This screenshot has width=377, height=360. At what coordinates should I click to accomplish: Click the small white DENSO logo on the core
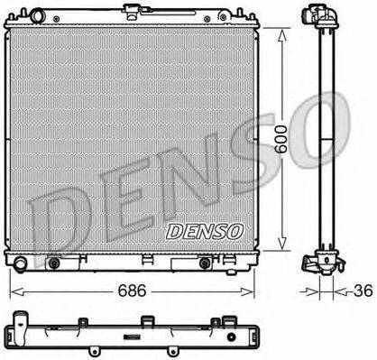click(x=204, y=231)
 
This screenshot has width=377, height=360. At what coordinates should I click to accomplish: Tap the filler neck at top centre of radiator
click(x=135, y=12)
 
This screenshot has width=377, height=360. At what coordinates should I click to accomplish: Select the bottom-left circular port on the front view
click(x=54, y=263)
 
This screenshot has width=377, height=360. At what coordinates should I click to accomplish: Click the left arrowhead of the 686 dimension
click(x=13, y=291)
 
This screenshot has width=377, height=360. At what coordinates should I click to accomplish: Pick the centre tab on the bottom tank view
click(x=143, y=320)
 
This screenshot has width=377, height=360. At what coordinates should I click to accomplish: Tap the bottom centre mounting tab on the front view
click(x=143, y=263)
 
